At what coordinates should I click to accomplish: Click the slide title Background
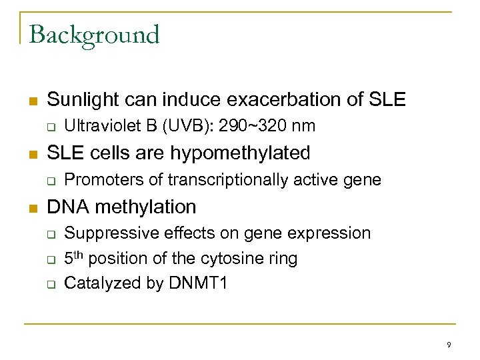pyautogui.click(x=94, y=34)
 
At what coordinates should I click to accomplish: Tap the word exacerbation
pyautogui.click(x=271, y=100)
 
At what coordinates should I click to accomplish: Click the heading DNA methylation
pyautogui.click(x=121, y=207)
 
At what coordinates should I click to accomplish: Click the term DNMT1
pyautogui.click(x=197, y=283)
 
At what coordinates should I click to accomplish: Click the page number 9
pyautogui.click(x=449, y=345)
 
